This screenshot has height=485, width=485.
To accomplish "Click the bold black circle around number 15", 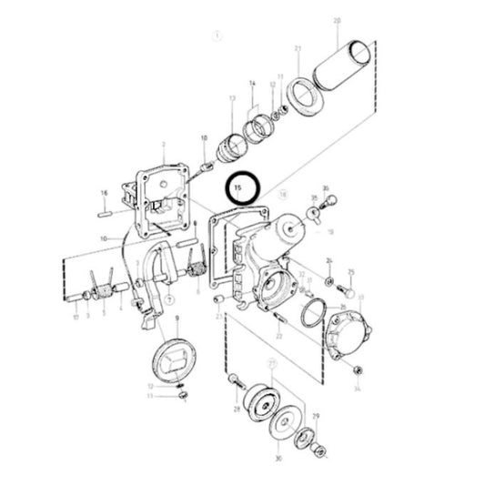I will click(x=243, y=189).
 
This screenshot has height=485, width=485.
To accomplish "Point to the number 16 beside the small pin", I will click(x=105, y=193).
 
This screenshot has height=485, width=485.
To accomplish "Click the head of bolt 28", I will click(x=235, y=378).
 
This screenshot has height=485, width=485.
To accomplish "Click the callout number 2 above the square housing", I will click(x=163, y=144).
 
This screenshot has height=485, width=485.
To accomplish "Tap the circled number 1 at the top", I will click(x=217, y=36).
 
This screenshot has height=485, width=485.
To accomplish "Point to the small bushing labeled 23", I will click(x=218, y=300).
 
